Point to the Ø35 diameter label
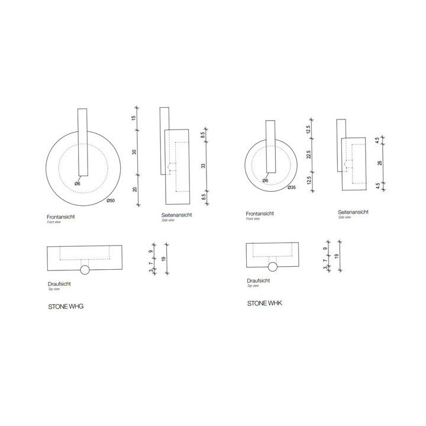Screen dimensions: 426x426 291,188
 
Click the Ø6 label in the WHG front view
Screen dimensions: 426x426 78,183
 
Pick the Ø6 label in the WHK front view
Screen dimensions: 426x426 265,180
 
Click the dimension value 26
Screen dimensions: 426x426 380,163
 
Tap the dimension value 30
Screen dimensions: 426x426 134,152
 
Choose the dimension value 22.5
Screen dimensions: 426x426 309,154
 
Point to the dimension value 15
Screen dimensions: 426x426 134,118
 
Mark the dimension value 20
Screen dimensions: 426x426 134,189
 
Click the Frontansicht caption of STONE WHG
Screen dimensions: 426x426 60,217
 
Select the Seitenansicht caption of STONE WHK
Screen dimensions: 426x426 354,212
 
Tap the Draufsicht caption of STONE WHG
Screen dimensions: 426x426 60,284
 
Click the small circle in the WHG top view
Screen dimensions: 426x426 85,270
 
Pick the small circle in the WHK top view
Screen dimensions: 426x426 273,266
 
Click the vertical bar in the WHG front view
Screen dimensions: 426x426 82,142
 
